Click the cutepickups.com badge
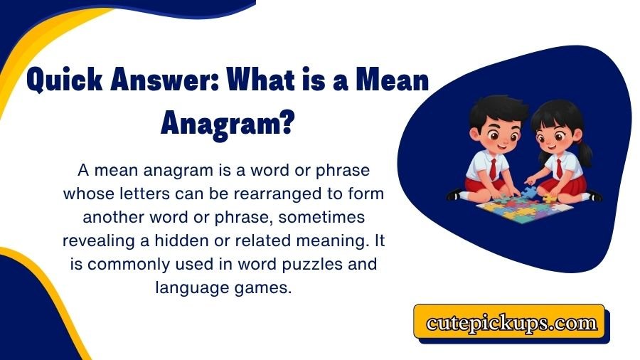point(511,323)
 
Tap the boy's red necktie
point(494,168)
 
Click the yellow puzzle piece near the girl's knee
point(549,198)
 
